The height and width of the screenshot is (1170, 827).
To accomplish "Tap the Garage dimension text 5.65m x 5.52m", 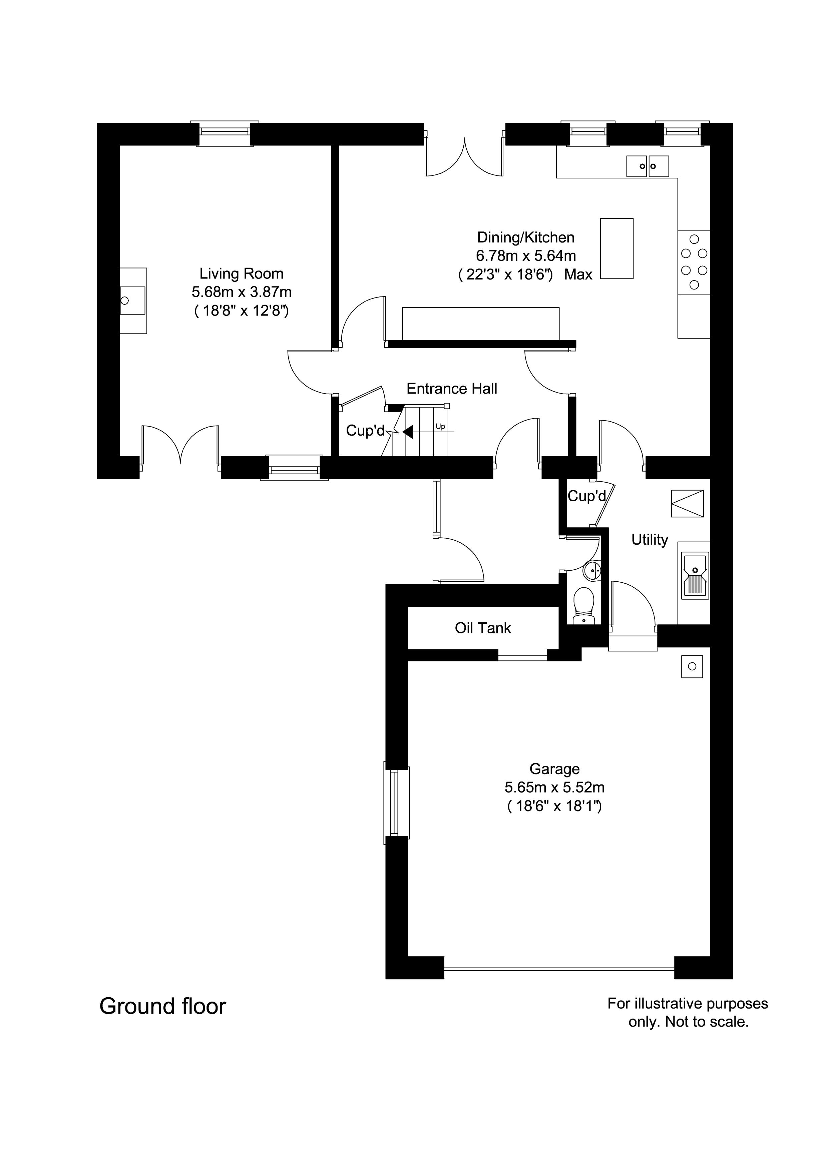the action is tap(554, 787).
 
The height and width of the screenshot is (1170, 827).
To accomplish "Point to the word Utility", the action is tap(649, 540).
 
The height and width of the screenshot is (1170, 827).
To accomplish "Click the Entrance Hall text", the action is tap(451, 389).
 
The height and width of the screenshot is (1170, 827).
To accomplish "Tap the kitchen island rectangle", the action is tap(616, 249).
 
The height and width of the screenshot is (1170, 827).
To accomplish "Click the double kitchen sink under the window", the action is tap(647, 166).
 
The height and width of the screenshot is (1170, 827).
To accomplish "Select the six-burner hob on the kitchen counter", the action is tap(694, 261).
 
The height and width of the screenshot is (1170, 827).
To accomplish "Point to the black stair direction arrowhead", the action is tap(408, 432).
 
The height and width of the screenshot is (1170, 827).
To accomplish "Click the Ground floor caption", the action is tap(162, 1007).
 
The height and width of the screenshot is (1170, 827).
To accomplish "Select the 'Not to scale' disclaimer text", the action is tap(688, 1022).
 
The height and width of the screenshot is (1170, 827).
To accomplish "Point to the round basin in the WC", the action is tap(592, 570).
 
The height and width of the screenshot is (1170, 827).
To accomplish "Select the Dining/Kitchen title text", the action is tap(525, 237).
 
